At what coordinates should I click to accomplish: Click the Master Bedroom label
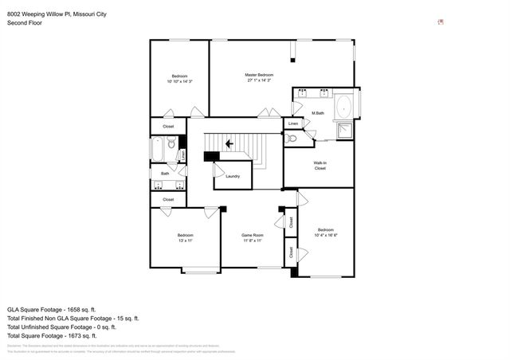(259, 74)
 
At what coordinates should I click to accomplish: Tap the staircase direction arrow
(229, 143)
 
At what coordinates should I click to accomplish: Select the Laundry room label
(233, 176)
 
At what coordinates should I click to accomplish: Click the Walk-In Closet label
(320, 166)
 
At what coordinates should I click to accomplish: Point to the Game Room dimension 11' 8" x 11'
(252, 240)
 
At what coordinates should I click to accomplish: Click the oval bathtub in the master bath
(344, 107)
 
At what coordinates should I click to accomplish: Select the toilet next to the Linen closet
(292, 139)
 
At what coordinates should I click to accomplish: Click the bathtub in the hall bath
(157, 149)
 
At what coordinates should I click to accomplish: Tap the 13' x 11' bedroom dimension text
(185, 240)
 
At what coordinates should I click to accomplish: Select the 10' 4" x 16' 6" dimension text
(326, 235)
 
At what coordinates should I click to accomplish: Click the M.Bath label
(317, 113)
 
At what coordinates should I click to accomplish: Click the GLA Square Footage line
(51, 308)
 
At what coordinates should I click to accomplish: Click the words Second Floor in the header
(25, 23)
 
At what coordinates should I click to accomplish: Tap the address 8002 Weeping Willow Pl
(42, 14)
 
